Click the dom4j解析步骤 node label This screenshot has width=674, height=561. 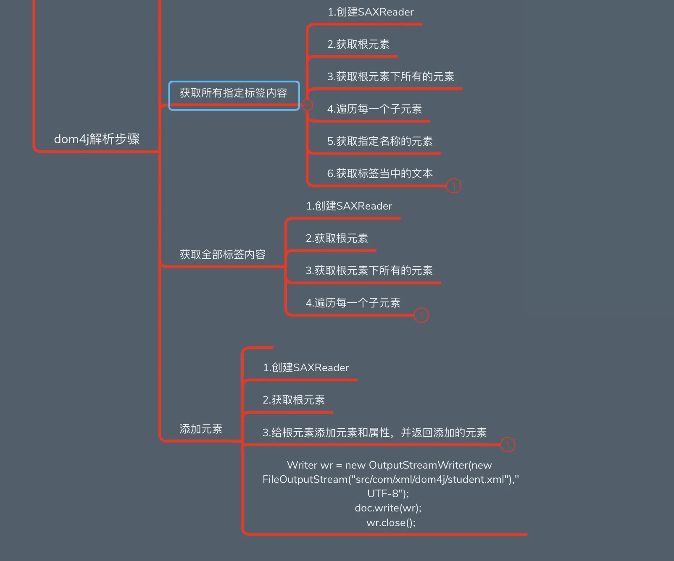tap(97, 139)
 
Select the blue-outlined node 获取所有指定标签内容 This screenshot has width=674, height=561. tap(233, 93)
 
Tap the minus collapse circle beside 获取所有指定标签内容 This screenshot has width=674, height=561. tap(308, 105)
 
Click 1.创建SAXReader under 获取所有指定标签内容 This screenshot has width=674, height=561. tap(370, 12)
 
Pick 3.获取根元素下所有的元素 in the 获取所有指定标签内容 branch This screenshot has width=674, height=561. tap(390, 77)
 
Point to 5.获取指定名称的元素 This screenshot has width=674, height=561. tap(379, 142)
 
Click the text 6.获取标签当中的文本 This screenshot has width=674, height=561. tap(379, 174)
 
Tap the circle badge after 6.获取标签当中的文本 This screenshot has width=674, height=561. tap(453, 186)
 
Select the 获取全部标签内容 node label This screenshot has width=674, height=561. tap(222, 254)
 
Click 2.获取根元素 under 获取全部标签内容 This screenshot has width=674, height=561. tap(337, 239)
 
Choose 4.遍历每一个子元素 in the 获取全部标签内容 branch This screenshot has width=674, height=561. tap(353, 303)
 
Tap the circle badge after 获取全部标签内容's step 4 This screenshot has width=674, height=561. tap(421, 315)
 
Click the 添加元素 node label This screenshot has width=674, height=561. tap(201, 429)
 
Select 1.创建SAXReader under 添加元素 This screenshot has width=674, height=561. tap(305, 368)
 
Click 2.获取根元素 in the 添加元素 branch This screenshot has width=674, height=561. tap(293, 400)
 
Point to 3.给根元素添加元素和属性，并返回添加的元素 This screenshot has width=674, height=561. tap(374, 433)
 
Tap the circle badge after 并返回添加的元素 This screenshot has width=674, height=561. tap(508, 444)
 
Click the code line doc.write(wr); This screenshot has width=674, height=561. tap(388, 508)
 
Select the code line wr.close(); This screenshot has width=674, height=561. tap(391, 523)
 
